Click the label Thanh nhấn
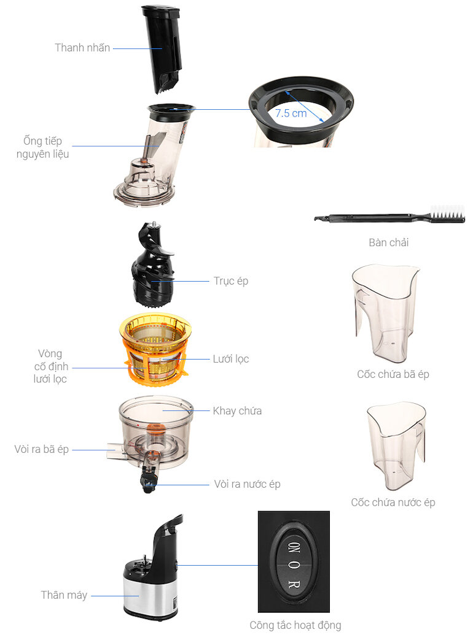(x=82, y=48)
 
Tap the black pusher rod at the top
(x=162, y=48)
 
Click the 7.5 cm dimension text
(x=291, y=113)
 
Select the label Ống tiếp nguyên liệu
(x=43, y=147)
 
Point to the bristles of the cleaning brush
(x=448, y=212)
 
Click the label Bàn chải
(x=388, y=242)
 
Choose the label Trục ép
(x=231, y=281)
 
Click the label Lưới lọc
(x=231, y=359)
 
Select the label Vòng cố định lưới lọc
(x=50, y=366)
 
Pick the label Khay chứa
(x=237, y=411)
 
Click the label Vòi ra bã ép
(x=42, y=450)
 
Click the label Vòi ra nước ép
(x=247, y=484)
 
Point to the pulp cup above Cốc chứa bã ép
(x=385, y=314)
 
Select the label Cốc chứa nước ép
(x=393, y=502)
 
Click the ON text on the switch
(x=294, y=548)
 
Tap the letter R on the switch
(x=294, y=584)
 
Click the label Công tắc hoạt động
(x=295, y=625)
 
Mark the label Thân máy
(x=64, y=595)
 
